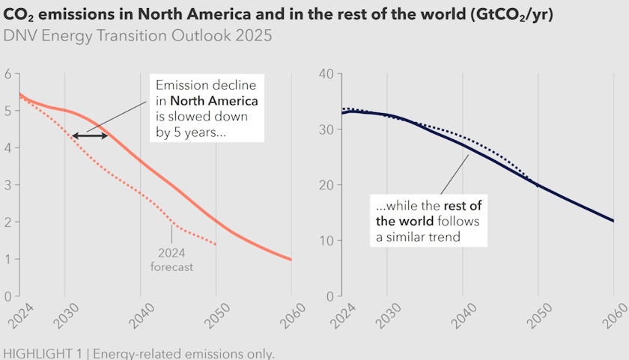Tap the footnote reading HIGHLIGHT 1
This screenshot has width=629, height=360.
(139, 353)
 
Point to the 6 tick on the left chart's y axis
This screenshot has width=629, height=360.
(7, 73)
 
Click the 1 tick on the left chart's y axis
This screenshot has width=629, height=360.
(7, 259)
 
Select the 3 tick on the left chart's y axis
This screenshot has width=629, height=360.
(7, 185)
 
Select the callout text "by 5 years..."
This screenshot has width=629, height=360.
(192, 132)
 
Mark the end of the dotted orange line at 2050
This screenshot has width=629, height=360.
(216, 245)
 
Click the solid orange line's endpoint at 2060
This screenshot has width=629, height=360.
(291, 260)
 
